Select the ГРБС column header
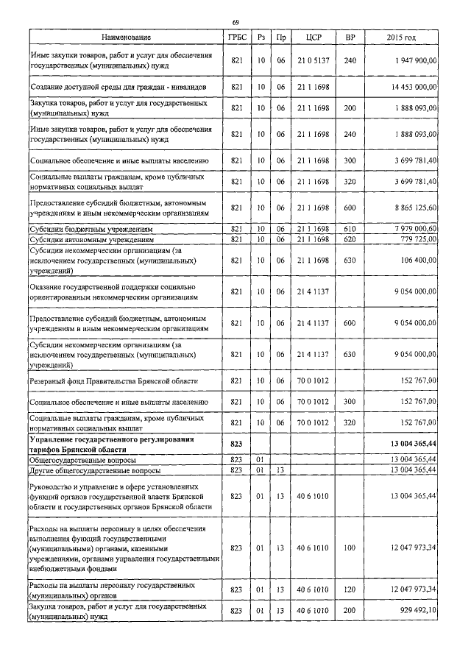237,37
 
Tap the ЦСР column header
308,37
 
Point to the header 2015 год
401,37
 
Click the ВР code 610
350,230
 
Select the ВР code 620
350,240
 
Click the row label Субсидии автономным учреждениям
91,240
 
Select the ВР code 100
350,548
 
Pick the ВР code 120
350,590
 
